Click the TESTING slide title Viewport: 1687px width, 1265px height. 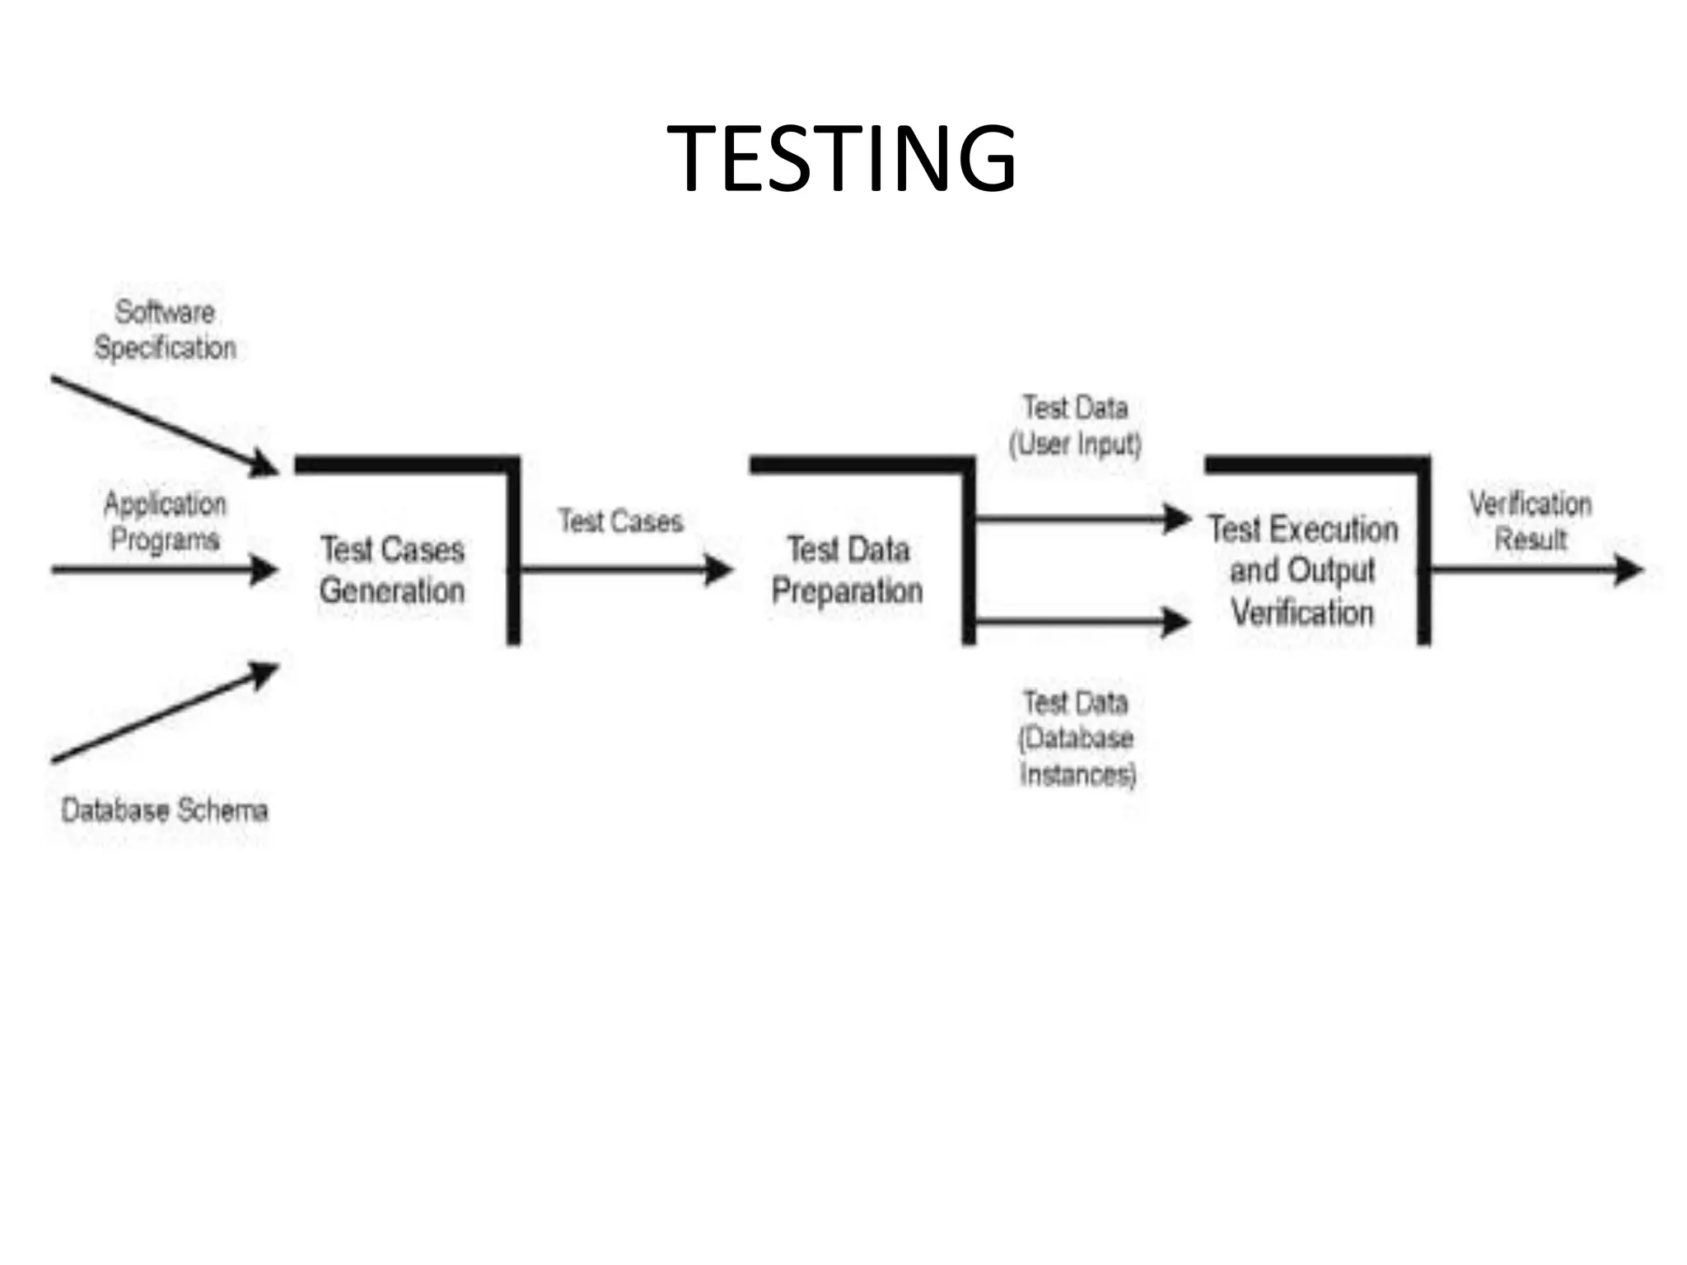pyautogui.click(x=841, y=158)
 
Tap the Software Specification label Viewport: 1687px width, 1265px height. pyautogui.click(x=165, y=329)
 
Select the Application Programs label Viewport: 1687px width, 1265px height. pyautogui.click(x=165, y=521)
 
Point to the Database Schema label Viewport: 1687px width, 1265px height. pyautogui.click(x=165, y=810)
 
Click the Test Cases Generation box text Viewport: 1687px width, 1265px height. pyautogui.click(x=392, y=570)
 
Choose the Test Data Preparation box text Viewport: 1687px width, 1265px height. pyautogui.click(x=847, y=570)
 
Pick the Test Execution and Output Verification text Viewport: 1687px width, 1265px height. pyautogui.click(x=1303, y=571)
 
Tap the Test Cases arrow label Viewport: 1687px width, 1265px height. pyautogui.click(x=621, y=521)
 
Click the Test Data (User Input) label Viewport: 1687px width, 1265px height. pyautogui.click(x=1076, y=426)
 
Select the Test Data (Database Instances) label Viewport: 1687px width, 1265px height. pyautogui.click(x=1077, y=739)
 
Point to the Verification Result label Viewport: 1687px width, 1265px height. pyautogui.click(x=1530, y=521)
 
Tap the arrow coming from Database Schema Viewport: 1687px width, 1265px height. pyautogui.click(x=165, y=713)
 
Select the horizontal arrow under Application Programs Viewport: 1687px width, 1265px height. pyautogui.click(x=165, y=569)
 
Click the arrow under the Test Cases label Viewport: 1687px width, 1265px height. pyautogui.click(x=626, y=569)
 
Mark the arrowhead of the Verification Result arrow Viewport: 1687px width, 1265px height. pyautogui.click(x=1628, y=569)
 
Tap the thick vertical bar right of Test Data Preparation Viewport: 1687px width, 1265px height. pyautogui.click(x=969, y=552)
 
